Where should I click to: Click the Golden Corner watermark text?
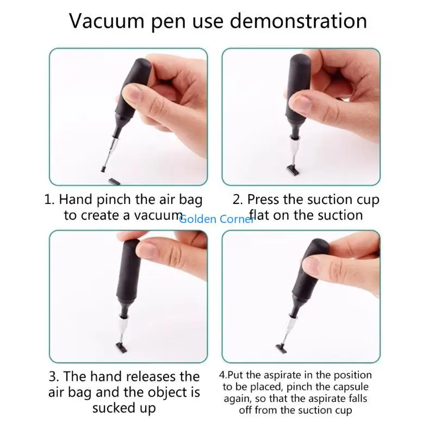pyautogui.click(x=216, y=219)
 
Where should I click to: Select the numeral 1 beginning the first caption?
pyautogui.click(x=48, y=200)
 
